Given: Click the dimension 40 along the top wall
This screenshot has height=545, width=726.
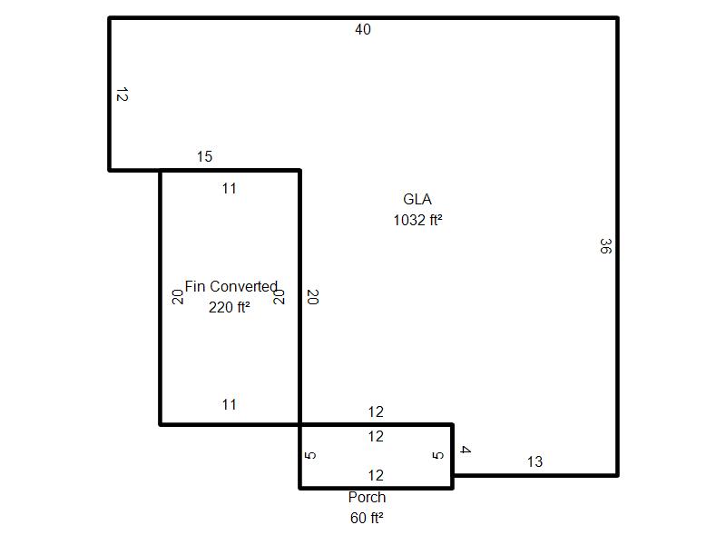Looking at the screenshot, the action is pos(363,30).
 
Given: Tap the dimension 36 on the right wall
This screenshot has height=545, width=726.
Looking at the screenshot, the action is pos(605,246).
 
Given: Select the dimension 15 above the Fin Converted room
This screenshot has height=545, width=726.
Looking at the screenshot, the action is pos(204,156).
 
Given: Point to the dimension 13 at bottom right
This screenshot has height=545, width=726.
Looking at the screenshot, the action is pos(535,461).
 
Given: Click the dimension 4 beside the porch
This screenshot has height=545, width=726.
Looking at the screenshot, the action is pos(466,450).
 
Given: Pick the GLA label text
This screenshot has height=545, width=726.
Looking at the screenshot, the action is pos(417,199).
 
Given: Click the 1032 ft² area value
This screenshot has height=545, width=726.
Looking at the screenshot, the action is pos(417,220).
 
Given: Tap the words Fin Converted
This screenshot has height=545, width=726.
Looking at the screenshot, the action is pos(231,286).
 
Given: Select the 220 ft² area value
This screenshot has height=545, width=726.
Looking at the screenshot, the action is pos(230,307).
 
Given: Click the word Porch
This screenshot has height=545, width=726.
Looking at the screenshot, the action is pos(368,497).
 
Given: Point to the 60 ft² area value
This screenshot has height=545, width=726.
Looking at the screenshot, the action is pos(367,518).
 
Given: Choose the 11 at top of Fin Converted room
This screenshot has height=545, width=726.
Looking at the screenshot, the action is pos(230,189).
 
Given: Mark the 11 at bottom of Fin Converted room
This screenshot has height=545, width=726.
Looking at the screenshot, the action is pos(230,404).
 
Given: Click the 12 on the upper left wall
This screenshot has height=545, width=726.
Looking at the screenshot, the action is pos(122,94).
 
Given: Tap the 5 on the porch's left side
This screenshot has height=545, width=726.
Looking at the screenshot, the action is pos(310,455).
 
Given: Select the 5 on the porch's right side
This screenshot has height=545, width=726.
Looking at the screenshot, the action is pos(437,455).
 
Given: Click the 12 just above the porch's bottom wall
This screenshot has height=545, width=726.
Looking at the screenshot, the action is pos(376,475).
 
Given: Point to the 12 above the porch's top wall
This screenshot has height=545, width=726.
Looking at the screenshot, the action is pos(376,412).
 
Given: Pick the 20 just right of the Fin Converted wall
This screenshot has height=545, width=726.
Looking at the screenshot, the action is pos(313,297).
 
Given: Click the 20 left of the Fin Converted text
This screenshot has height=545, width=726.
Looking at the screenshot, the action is pos(178,297).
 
